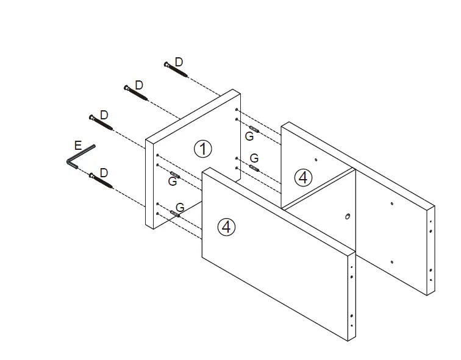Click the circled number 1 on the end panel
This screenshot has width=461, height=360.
click(202, 148)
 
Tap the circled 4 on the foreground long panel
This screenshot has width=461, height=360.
click(226, 227)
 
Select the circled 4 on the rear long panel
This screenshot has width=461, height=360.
click(303, 177)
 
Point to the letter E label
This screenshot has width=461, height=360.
click(77, 146)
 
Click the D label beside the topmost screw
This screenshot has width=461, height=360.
click(179, 62)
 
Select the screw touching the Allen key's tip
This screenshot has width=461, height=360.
click(100, 181)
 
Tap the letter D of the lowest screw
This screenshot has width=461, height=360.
click(104, 173)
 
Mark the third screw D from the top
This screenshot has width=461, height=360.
click(101, 122)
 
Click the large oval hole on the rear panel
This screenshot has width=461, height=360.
click(348, 216)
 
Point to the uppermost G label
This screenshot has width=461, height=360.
click(249, 136)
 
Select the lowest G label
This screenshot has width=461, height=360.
click(180, 207)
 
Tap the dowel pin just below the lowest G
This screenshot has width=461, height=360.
click(177, 213)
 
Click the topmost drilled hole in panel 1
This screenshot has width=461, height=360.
click(236, 109)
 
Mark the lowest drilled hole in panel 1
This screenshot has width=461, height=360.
click(157, 214)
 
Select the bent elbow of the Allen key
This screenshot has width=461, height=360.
click(69, 161)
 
